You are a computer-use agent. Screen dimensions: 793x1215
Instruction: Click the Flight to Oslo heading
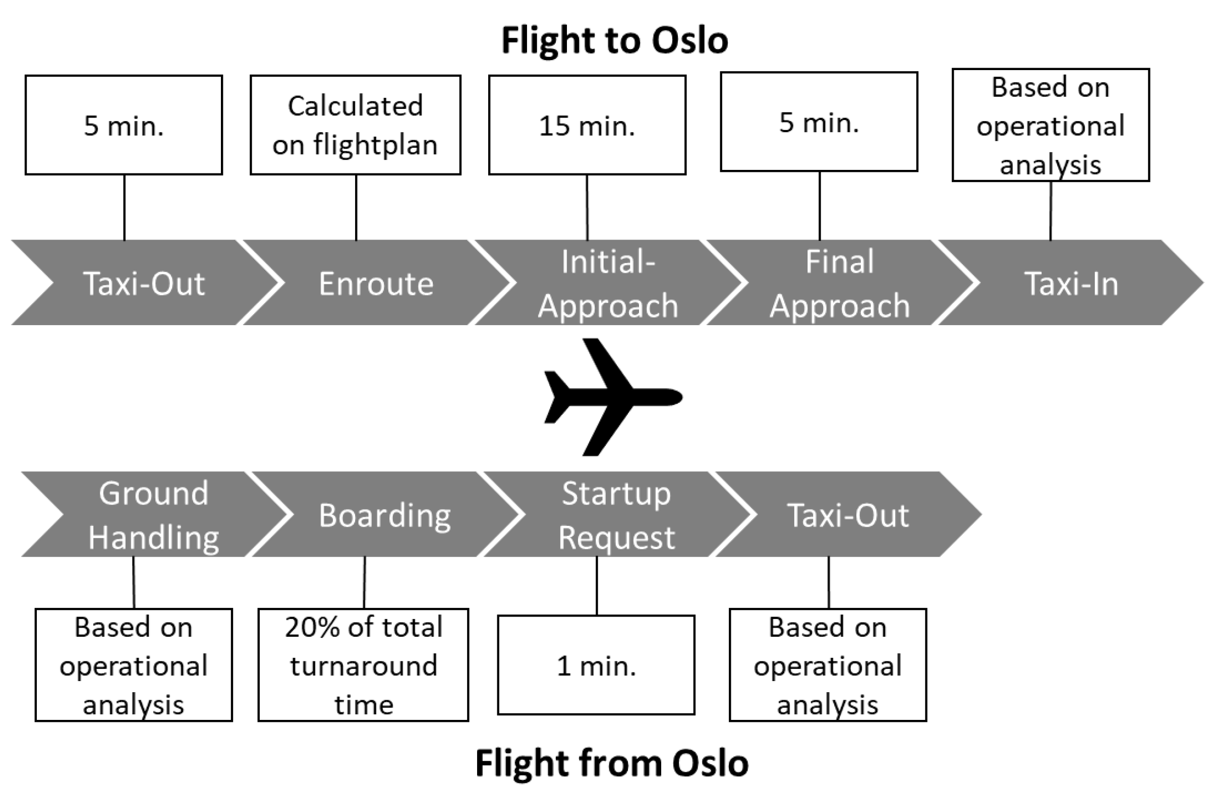click(x=614, y=41)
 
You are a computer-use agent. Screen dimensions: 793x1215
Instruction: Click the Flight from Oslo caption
click(x=612, y=763)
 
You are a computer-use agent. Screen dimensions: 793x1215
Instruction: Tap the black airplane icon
click(x=613, y=397)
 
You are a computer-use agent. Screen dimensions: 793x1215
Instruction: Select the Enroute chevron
click(x=376, y=283)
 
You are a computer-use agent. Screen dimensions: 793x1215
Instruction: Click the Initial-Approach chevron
click(x=607, y=283)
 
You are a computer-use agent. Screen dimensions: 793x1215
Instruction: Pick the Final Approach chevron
click(x=839, y=283)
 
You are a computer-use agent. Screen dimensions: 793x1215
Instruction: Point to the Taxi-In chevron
click(x=1071, y=283)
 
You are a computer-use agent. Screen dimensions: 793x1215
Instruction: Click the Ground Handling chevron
click(x=153, y=514)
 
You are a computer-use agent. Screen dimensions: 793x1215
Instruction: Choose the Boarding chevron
click(x=384, y=514)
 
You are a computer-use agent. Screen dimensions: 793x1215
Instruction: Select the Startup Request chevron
click(x=616, y=514)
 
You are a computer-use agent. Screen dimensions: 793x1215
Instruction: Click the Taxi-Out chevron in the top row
click(x=144, y=283)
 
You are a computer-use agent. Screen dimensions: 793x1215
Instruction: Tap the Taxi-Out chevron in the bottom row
click(x=847, y=514)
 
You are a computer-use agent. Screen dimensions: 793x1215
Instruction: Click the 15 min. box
click(x=587, y=125)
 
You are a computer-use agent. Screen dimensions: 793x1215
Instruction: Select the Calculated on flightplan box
click(x=355, y=125)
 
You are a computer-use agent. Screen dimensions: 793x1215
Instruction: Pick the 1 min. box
click(x=596, y=665)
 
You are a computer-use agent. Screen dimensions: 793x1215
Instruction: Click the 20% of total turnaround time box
click(x=363, y=665)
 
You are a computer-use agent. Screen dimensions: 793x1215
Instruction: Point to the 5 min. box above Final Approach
click(x=819, y=122)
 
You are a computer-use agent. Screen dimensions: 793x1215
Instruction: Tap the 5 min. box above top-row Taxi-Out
click(x=124, y=125)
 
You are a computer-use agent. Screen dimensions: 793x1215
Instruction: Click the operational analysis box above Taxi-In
click(x=1051, y=125)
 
